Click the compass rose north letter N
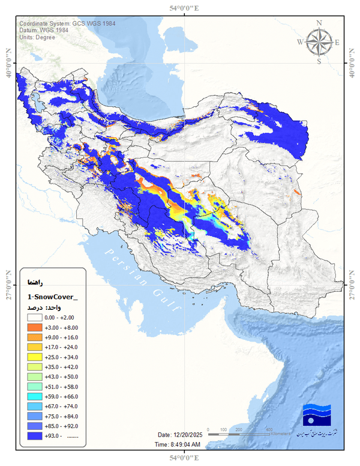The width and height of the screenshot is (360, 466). (319, 23)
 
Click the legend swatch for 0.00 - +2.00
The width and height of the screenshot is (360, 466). (34, 318)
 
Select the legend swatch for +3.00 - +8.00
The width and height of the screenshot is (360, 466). (34, 328)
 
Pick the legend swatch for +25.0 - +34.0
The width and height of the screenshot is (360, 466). (34, 357)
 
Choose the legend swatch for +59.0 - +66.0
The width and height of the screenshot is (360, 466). (34, 396)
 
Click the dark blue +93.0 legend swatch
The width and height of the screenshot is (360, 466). (34, 436)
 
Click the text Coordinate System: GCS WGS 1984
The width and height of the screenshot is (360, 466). (67, 23)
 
